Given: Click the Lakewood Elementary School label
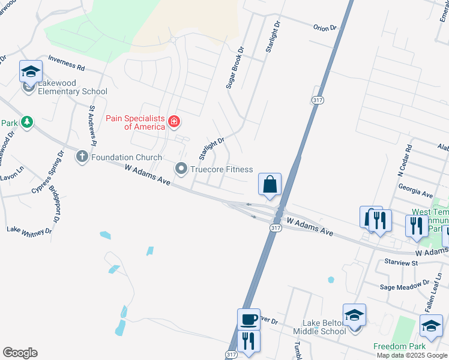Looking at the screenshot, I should click(x=72, y=92).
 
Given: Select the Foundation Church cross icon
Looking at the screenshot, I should click(x=82, y=157).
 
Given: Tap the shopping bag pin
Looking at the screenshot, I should click(x=270, y=184).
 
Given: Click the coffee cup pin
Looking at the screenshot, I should click(x=249, y=319).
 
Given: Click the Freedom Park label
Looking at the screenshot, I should click(x=399, y=347).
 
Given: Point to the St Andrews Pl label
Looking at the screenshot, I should click(x=92, y=126).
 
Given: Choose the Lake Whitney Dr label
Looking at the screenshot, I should click(x=29, y=230).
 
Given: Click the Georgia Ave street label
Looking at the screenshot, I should click(x=416, y=195).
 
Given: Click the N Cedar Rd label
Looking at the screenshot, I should click(x=403, y=160).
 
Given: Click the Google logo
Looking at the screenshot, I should click(x=20, y=353).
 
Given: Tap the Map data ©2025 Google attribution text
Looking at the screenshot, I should click(x=412, y=355).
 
